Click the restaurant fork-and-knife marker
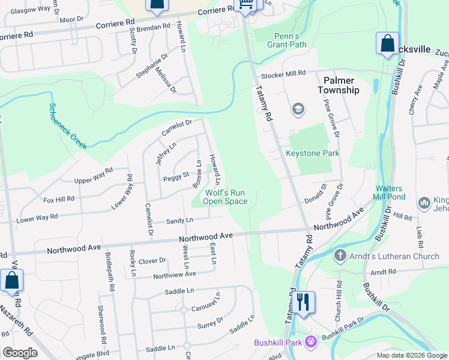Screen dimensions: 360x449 click(x=303, y=302)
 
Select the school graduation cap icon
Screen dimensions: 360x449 click(x=297, y=109)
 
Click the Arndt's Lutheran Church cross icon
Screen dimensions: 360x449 click(x=339, y=256)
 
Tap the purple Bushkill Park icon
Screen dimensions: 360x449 click(x=310, y=342)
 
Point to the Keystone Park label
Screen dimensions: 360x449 click(x=312, y=153)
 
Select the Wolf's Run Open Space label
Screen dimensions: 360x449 click(x=225, y=197)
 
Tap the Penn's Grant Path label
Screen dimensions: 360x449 click(x=282, y=40)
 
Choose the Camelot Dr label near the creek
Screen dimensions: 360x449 click(x=175, y=127)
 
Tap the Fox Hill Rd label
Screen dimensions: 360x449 click(x=58, y=199)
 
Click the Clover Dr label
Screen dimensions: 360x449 click(x=152, y=260)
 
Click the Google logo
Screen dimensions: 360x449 click(x=20, y=353)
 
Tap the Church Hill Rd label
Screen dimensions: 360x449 click(x=338, y=300)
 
